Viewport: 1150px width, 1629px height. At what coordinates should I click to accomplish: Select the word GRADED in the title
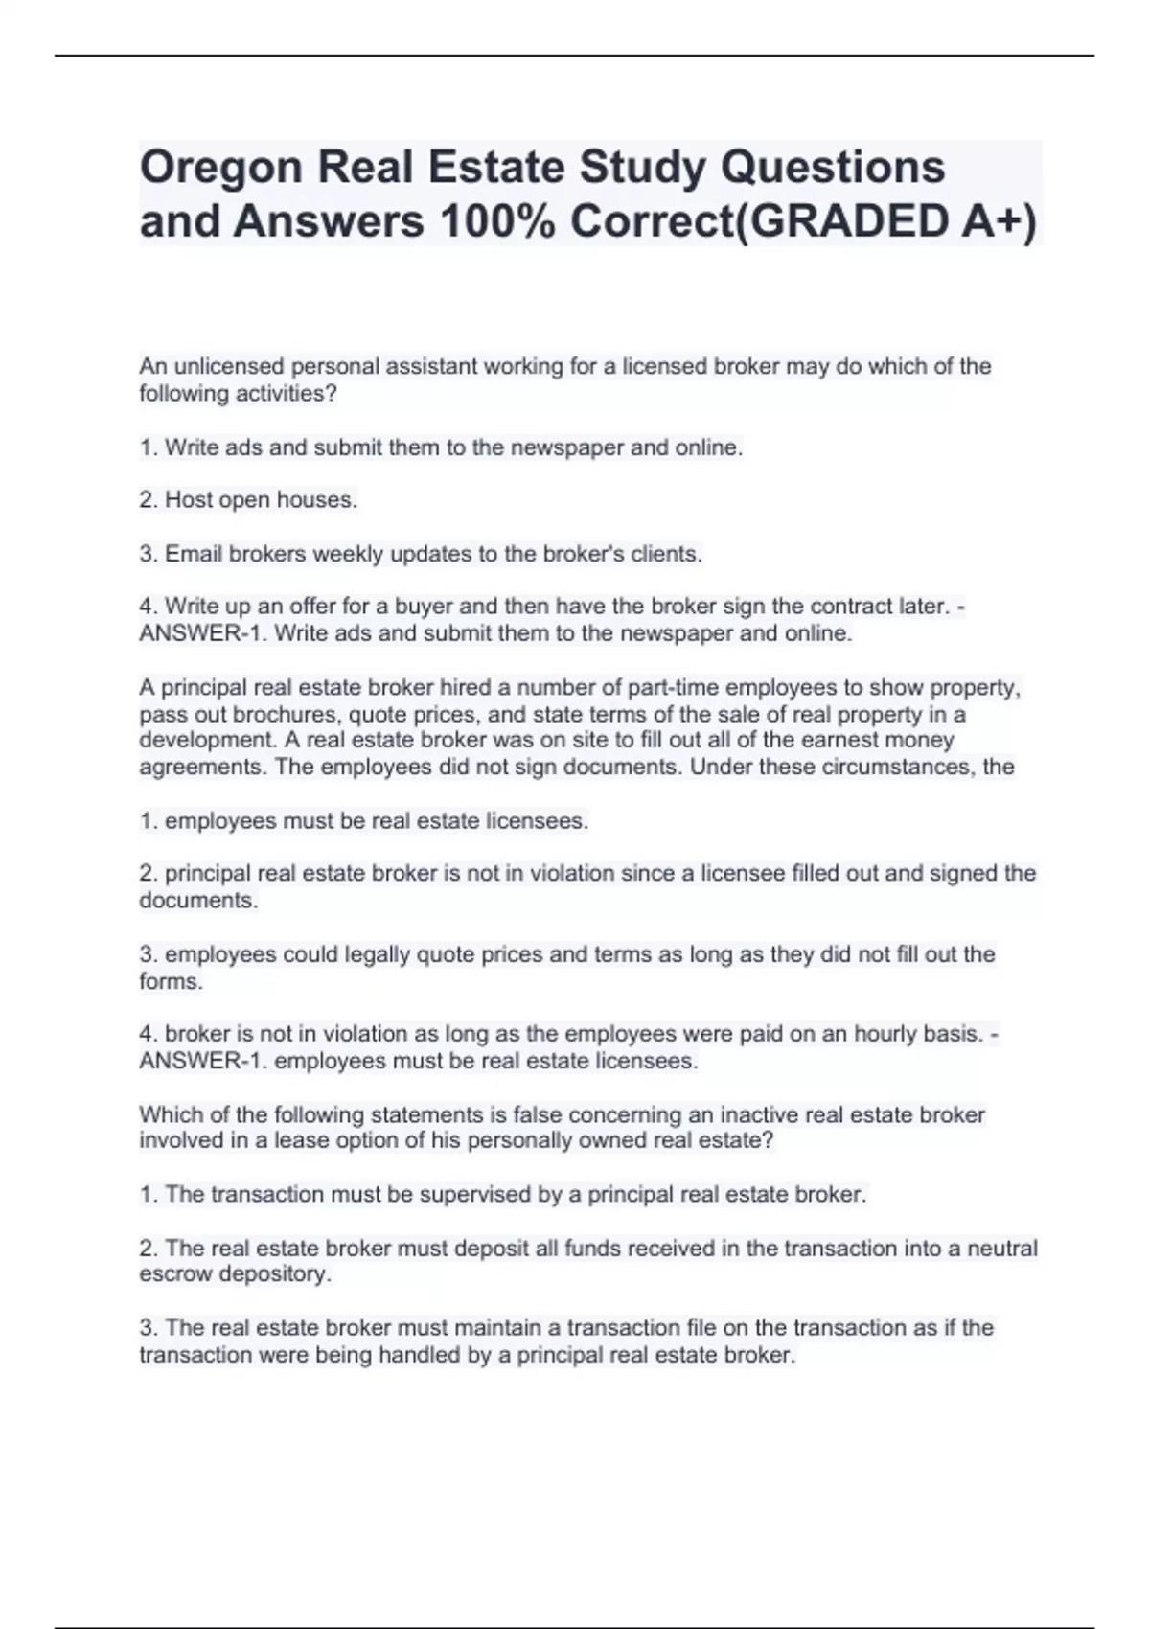click(843, 222)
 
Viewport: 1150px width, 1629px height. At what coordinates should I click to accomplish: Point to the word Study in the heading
click(643, 168)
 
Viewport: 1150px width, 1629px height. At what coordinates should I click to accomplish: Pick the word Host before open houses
click(189, 500)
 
